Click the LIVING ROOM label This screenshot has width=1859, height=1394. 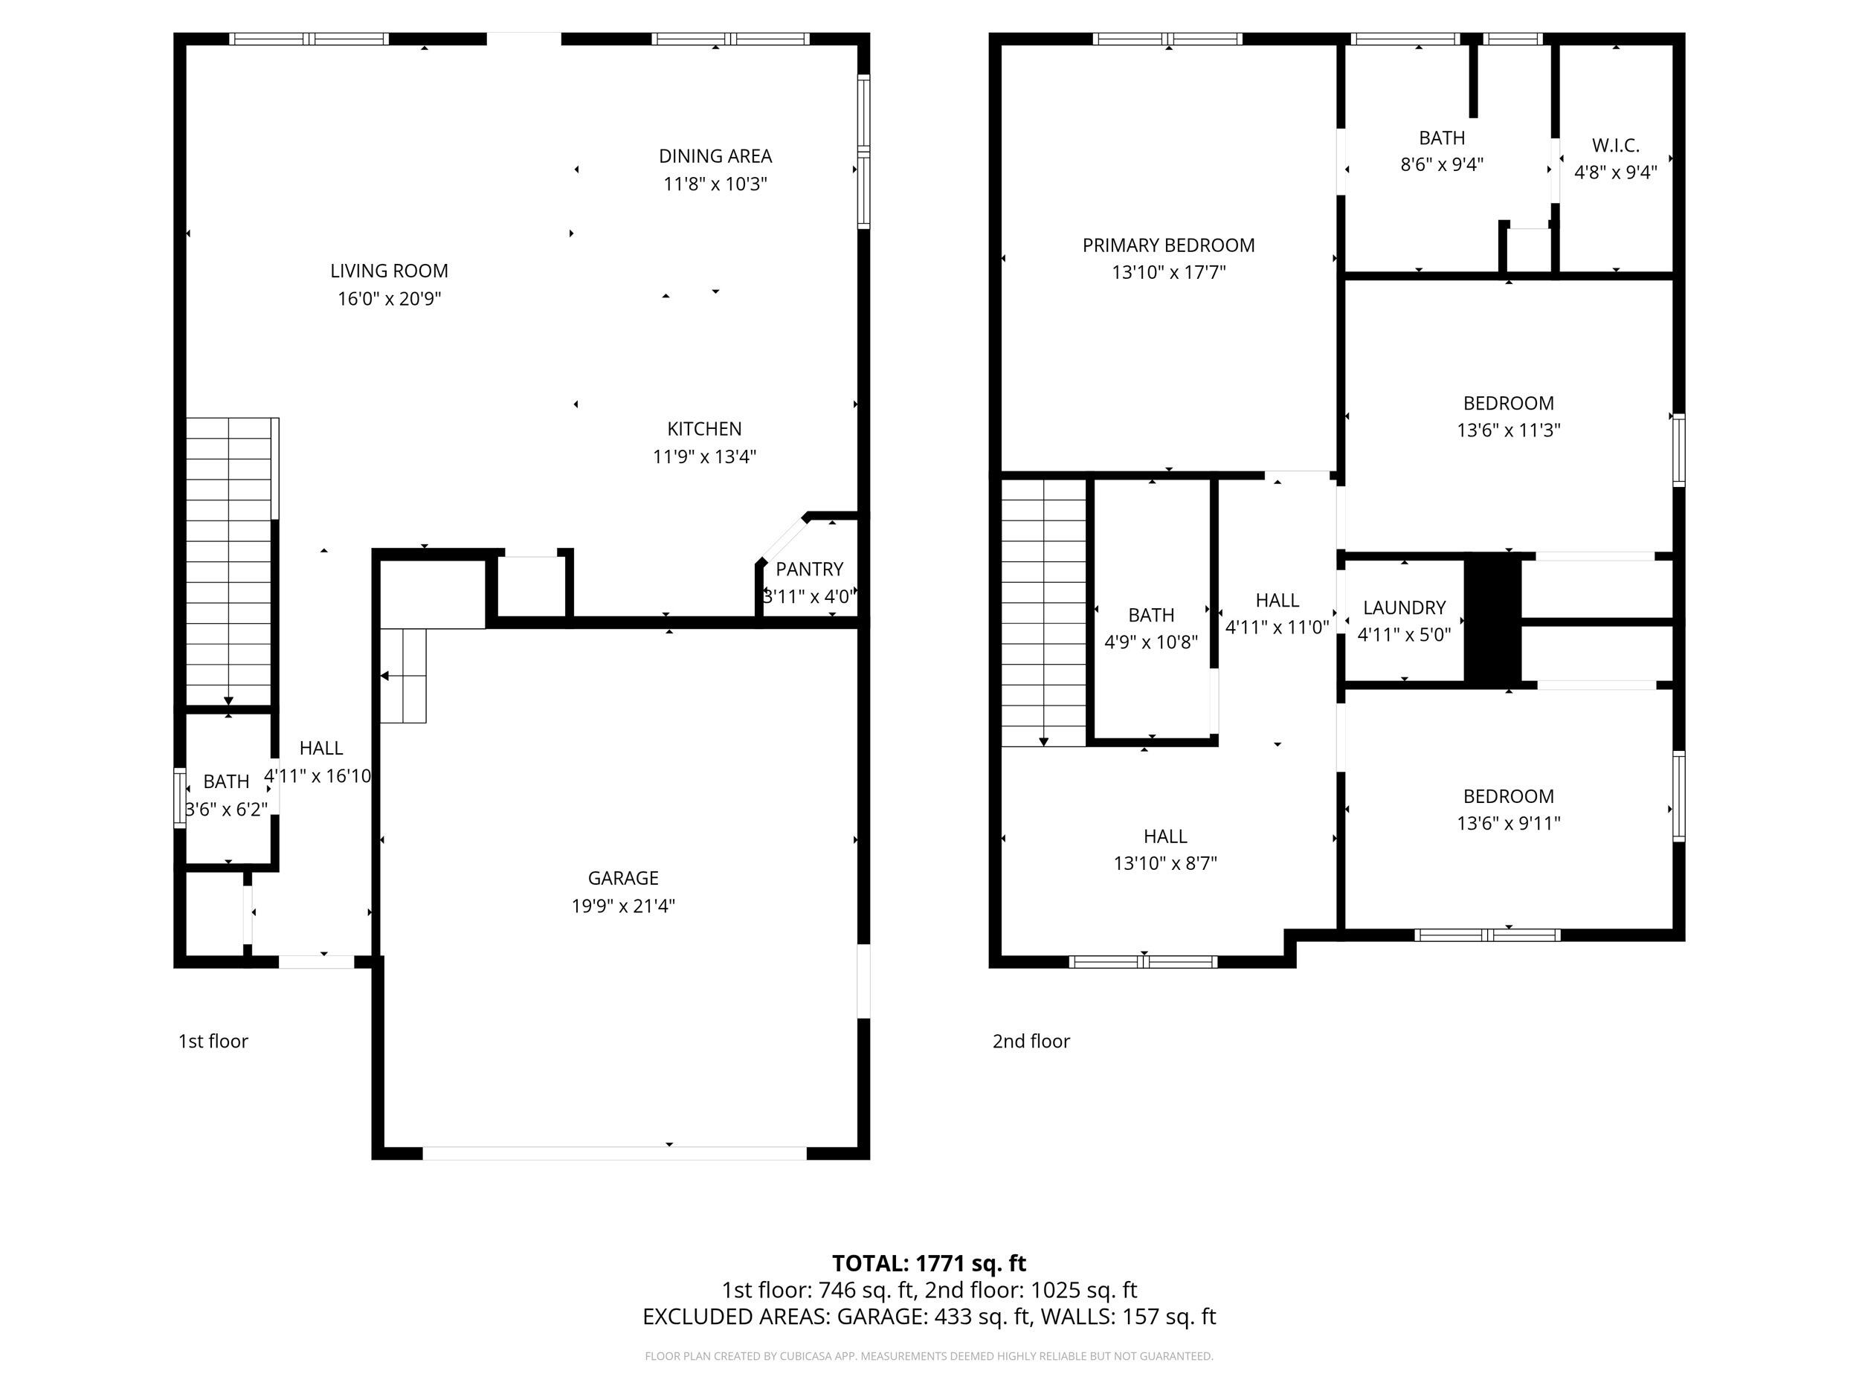(389, 271)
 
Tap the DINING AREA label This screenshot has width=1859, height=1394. (715, 156)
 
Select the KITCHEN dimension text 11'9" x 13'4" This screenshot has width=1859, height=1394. (704, 456)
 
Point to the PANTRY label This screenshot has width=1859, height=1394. (809, 569)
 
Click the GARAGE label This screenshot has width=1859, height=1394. (622, 878)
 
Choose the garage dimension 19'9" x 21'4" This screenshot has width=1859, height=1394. (622, 906)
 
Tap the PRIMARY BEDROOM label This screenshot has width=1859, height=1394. (1168, 245)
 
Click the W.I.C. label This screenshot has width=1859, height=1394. (1615, 146)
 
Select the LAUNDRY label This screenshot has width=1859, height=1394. (1405, 607)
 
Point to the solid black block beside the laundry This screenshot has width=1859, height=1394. (1492, 620)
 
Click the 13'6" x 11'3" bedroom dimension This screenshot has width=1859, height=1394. (1509, 430)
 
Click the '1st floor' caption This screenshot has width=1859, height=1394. (213, 1041)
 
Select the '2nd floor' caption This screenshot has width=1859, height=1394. (1031, 1041)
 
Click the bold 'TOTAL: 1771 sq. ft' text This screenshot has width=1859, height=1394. (929, 1263)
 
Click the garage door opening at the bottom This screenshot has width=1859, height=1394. (614, 1154)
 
